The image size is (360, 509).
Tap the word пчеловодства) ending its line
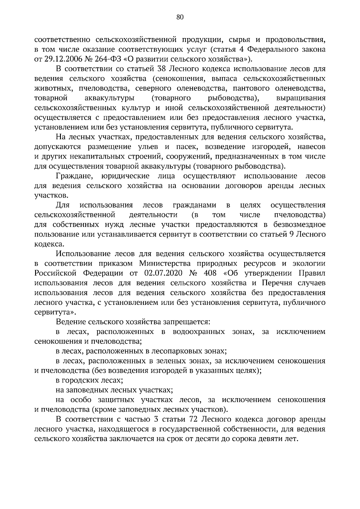point(300,215)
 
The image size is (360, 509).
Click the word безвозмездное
point(299,225)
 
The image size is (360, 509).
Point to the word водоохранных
point(199,332)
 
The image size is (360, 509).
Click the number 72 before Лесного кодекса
point(195,419)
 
